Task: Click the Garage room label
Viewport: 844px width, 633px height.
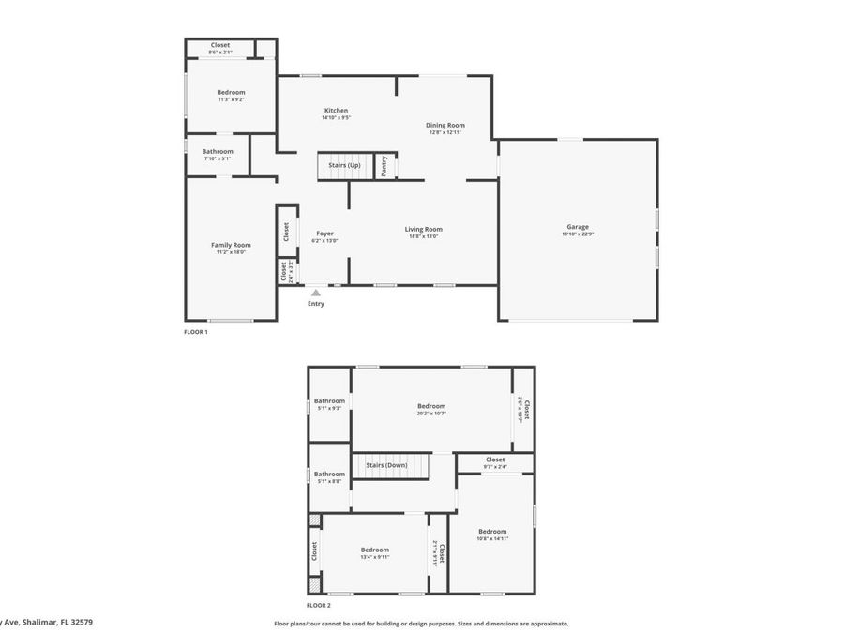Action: pos(578,227)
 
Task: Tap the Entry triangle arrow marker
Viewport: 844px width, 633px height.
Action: pos(316,294)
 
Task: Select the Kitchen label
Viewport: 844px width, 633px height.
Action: pos(336,111)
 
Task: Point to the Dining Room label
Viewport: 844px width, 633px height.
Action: pos(446,125)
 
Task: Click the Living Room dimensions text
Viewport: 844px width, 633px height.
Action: pos(423,236)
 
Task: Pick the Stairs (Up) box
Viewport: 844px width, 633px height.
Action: pos(345,166)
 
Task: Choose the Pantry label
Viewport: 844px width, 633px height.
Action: pos(384,166)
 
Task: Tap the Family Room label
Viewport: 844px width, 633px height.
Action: pos(231,245)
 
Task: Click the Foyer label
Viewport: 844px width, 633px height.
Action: pos(324,234)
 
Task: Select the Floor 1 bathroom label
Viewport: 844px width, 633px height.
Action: pos(218,151)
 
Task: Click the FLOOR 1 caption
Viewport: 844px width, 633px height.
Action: pos(196,332)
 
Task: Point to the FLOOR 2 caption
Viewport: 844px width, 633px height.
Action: pos(319,607)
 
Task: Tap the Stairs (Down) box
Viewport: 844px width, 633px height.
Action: pos(385,465)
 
